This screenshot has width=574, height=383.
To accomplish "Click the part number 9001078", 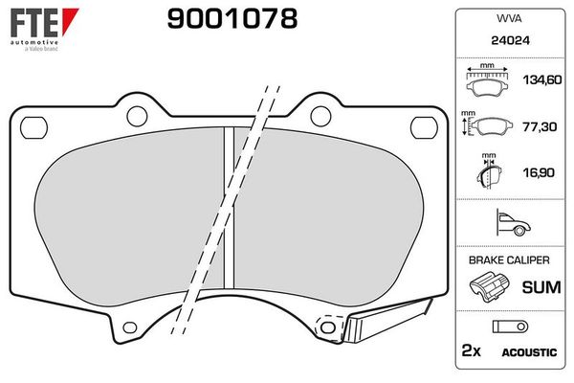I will click(x=232, y=18).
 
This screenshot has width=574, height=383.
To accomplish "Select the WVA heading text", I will click(x=507, y=18).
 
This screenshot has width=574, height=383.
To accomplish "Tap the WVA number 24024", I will click(x=507, y=41).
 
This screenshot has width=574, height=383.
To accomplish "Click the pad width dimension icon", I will click(x=489, y=81).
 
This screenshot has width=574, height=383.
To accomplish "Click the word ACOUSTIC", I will click(x=528, y=352).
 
